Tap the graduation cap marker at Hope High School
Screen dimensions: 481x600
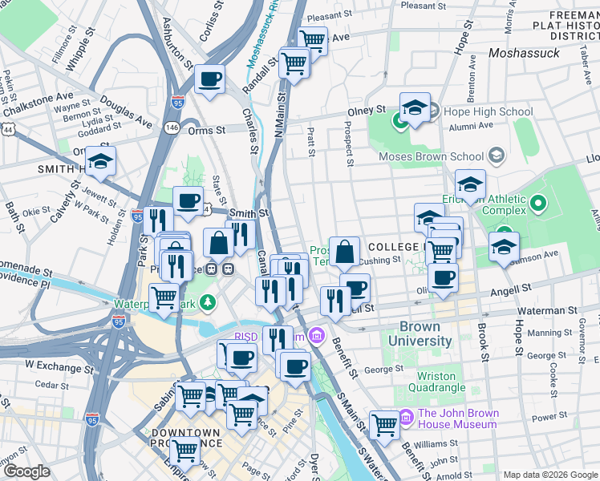click(x=415, y=108)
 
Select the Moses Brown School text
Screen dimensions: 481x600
click(x=431, y=156)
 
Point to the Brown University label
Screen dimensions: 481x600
click(x=420, y=333)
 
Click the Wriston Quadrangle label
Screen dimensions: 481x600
click(x=441, y=382)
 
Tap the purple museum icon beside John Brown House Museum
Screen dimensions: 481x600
click(x=405, y=417)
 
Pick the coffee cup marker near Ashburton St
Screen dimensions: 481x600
click(x=210, y=80)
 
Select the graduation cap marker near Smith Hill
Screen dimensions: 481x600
click(x=101, y=162)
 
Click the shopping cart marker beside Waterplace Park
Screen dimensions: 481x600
click(x=164, y=297)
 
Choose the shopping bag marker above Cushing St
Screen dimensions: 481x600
click(x=344, y=252)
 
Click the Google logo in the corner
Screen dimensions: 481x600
click(x=26, y=471)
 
